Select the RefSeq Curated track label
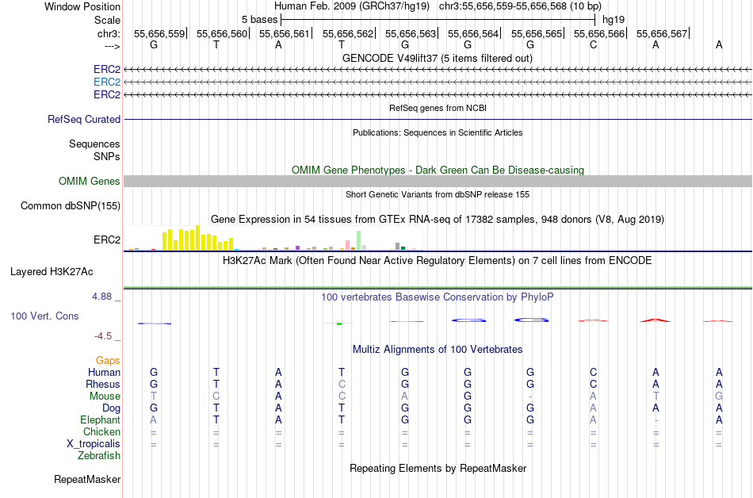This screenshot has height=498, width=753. [84, 119]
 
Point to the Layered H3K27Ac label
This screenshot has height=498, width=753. [52, 271]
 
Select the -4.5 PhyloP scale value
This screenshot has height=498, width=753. [106, 335]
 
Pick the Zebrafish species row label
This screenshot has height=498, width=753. [99, 455]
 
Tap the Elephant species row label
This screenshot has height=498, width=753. [100, 419]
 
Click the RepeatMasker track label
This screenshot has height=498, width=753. [87, 479]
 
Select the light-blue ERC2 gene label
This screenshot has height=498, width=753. [107, 82]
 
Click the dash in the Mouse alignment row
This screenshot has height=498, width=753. [530, 396]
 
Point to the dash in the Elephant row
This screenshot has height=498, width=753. [656, 419]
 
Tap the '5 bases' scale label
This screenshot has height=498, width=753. [259, 19]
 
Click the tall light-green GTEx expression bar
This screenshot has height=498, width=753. [359, 239]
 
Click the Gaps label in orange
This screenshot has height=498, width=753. [108, 360]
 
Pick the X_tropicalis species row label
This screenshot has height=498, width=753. [94, 443]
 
